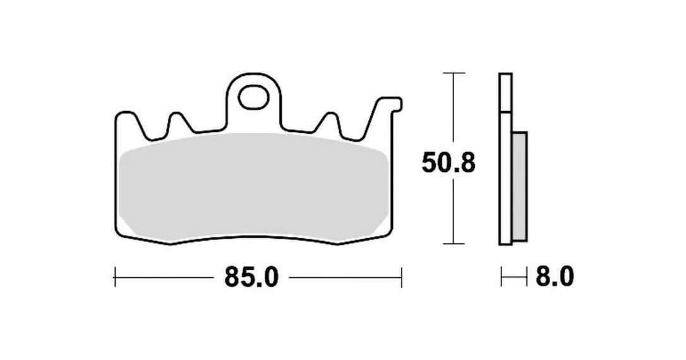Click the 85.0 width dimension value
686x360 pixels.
coord(251,277)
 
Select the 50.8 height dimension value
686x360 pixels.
coord(448,163)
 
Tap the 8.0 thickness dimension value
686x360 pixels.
coord(555,277)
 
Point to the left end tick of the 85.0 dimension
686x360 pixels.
coord(114,277)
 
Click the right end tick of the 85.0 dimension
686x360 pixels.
coord(401,277)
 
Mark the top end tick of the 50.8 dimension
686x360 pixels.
coord(454,73)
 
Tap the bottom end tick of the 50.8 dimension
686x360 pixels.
coord(454,244)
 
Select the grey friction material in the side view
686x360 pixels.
coord(519,186)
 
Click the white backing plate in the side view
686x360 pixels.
coord(505,159)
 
